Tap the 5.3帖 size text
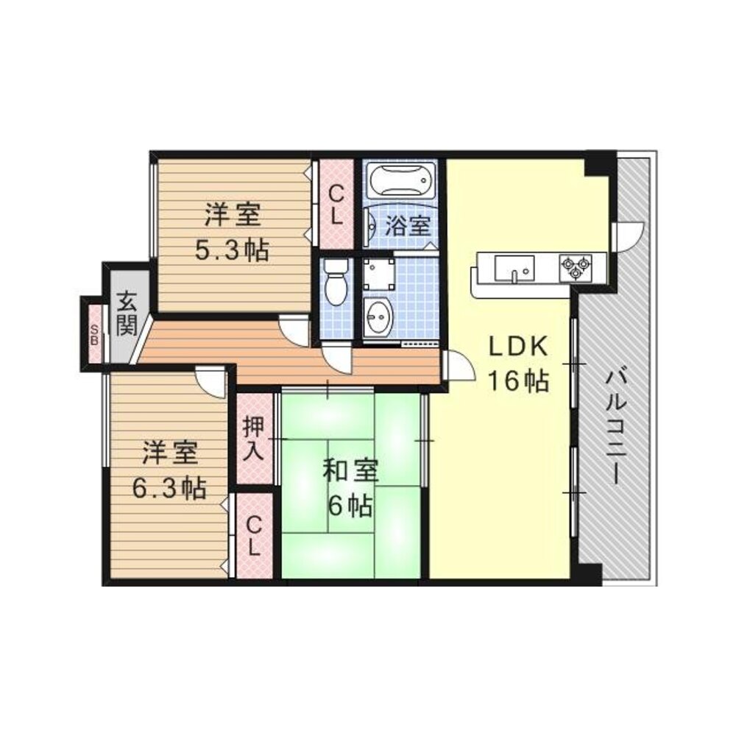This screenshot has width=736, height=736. tap(231, 250)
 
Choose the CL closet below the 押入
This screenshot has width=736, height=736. tap(253, 535)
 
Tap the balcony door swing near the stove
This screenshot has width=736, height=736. tap(627, 237)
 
